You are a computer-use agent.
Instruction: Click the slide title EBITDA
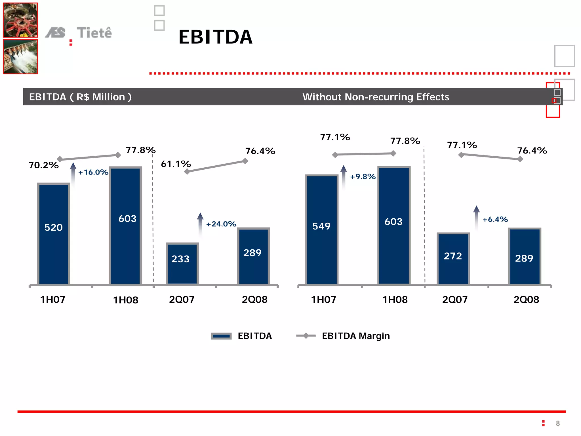(215, 37)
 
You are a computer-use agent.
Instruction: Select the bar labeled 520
(54, 233)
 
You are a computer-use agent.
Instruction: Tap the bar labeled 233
(182, 263)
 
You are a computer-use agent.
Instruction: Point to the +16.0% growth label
(93, 172)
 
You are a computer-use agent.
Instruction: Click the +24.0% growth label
(221, 224)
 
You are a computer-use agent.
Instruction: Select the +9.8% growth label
(363, 176)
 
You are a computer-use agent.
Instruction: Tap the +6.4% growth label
(495, 219)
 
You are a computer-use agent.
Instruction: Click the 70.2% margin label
(44, 165)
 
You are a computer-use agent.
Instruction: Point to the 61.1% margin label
(176, 164)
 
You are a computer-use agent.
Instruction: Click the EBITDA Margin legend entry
(355, 336)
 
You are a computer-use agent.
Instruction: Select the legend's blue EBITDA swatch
(221, 336)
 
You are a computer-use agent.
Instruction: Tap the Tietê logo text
(94, 33)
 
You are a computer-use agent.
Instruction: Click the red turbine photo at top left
(20, 20)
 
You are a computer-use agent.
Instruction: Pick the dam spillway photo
(20, 57)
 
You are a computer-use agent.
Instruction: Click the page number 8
(557, 424)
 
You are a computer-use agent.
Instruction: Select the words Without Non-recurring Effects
(376, 97)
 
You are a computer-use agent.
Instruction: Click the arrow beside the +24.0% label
(200, 224)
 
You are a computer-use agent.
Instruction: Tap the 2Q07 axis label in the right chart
(455, 300)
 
